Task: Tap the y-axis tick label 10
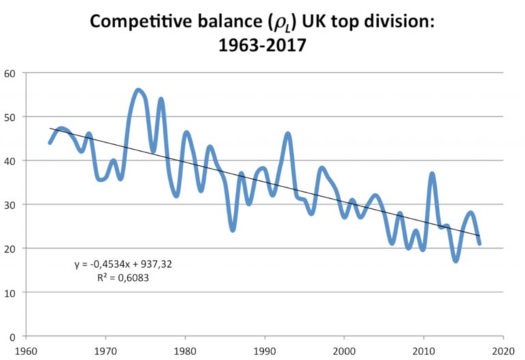click(12, 292)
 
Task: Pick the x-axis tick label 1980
click(185, 348)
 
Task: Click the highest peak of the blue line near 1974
click(137, 90)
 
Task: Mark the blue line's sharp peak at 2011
click(432, 174)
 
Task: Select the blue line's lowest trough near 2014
click(455, 260)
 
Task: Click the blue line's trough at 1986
click(233, 230)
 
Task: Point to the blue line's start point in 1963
click(50, 143)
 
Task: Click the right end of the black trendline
click(480, 236)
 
